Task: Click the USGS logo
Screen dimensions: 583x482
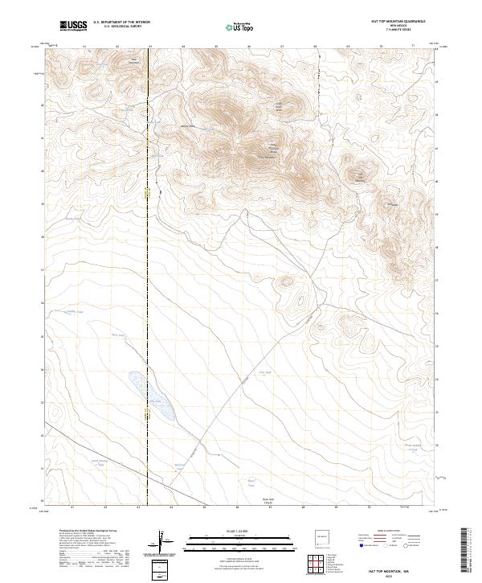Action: coord(73,26)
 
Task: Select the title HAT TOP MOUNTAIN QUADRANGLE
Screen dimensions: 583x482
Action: coord(398,22)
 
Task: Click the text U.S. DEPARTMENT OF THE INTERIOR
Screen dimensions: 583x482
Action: coord(121,23)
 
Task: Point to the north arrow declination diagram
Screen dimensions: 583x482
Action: coord(165,544)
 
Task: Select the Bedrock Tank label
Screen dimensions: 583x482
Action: coord(182,466)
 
